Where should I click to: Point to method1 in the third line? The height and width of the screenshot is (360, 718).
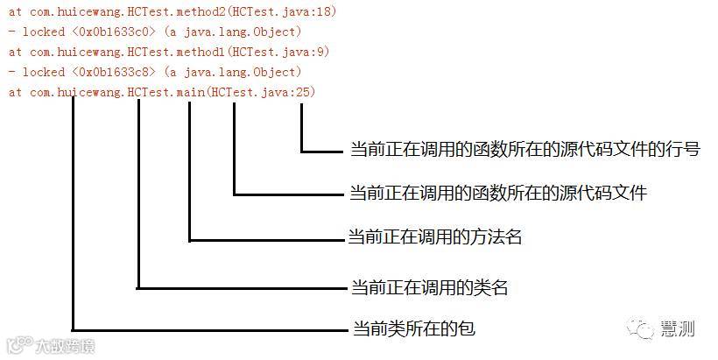(199, 52)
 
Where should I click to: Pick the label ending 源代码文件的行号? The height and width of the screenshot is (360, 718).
(524, 149)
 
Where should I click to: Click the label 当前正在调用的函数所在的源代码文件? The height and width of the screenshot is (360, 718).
(497, 193)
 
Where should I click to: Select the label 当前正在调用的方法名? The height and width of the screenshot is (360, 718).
(435, 237)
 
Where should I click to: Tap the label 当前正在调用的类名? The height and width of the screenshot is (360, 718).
(429, 286)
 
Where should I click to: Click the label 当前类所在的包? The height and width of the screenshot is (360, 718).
(413, 329)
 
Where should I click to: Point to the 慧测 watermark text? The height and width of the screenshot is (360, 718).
(679, 329)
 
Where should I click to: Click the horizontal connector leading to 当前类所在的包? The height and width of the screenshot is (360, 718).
(210, 330)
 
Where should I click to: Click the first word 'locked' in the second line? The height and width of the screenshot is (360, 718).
(42, 32)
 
